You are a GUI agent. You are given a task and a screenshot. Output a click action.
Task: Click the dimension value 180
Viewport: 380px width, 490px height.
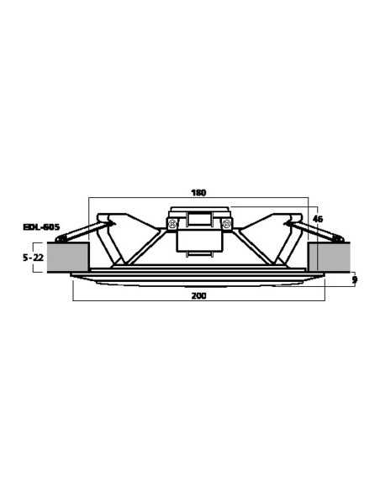point(198,192)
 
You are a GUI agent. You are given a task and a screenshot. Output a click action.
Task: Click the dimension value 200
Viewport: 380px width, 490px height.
point(198,295)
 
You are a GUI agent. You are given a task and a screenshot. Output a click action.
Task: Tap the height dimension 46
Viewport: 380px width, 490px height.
point(317,219)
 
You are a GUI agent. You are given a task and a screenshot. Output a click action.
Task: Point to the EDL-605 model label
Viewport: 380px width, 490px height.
point(41,227)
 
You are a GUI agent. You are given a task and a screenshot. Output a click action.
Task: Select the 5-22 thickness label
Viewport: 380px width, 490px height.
point(33,258)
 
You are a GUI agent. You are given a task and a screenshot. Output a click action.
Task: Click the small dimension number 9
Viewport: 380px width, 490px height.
point(355,279)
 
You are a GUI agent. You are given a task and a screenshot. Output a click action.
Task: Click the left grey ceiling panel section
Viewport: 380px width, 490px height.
point(68,257)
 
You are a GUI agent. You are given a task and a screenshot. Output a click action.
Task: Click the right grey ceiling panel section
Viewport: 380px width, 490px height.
point(328,258)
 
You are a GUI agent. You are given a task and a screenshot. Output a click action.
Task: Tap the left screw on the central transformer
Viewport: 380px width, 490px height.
point(172,224)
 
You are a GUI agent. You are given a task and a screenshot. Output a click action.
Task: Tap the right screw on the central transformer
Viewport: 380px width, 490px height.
point(224,224)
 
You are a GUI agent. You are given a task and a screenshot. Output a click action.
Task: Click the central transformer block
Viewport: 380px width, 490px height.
point(198,220)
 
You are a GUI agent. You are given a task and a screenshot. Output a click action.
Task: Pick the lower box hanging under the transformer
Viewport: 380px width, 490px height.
point(198,242)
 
